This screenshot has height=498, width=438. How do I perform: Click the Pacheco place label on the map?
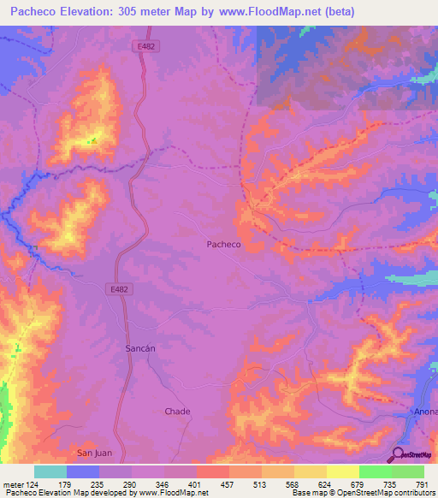point(224,244)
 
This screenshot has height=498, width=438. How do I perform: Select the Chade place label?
point(177,411)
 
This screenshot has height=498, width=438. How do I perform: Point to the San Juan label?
point(95,452)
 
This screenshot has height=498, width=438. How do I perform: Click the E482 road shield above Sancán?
point(119,289)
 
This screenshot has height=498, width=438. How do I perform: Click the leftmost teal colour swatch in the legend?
point(50,471)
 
